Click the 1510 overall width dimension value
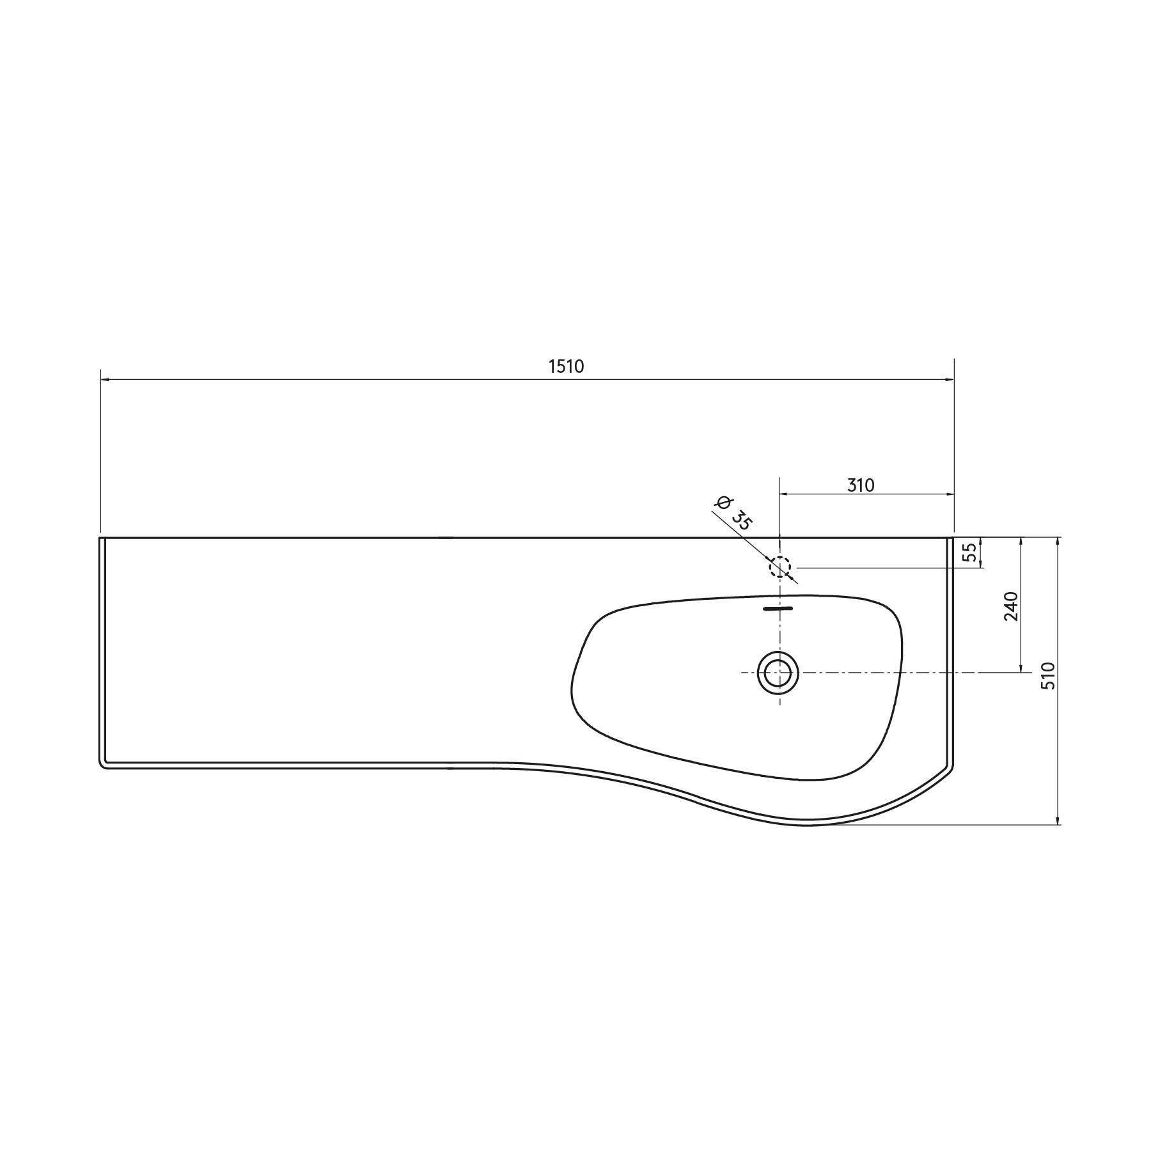tap(567, 366)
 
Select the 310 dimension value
tap(861, 485)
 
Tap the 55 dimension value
tap(970, 552)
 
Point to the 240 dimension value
tap(1011, 606)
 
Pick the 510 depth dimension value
tap(1048, 675)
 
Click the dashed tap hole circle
tap(779, 567)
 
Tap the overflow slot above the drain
tap(778, 609)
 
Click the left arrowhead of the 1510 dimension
tap(105, 379)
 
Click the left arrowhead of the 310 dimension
tap(783, 494)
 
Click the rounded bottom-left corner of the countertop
tap(103, 765)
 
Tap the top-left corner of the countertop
tap(100, 538)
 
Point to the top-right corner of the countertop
tap(953, 538)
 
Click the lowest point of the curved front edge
tap(807, 824)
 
